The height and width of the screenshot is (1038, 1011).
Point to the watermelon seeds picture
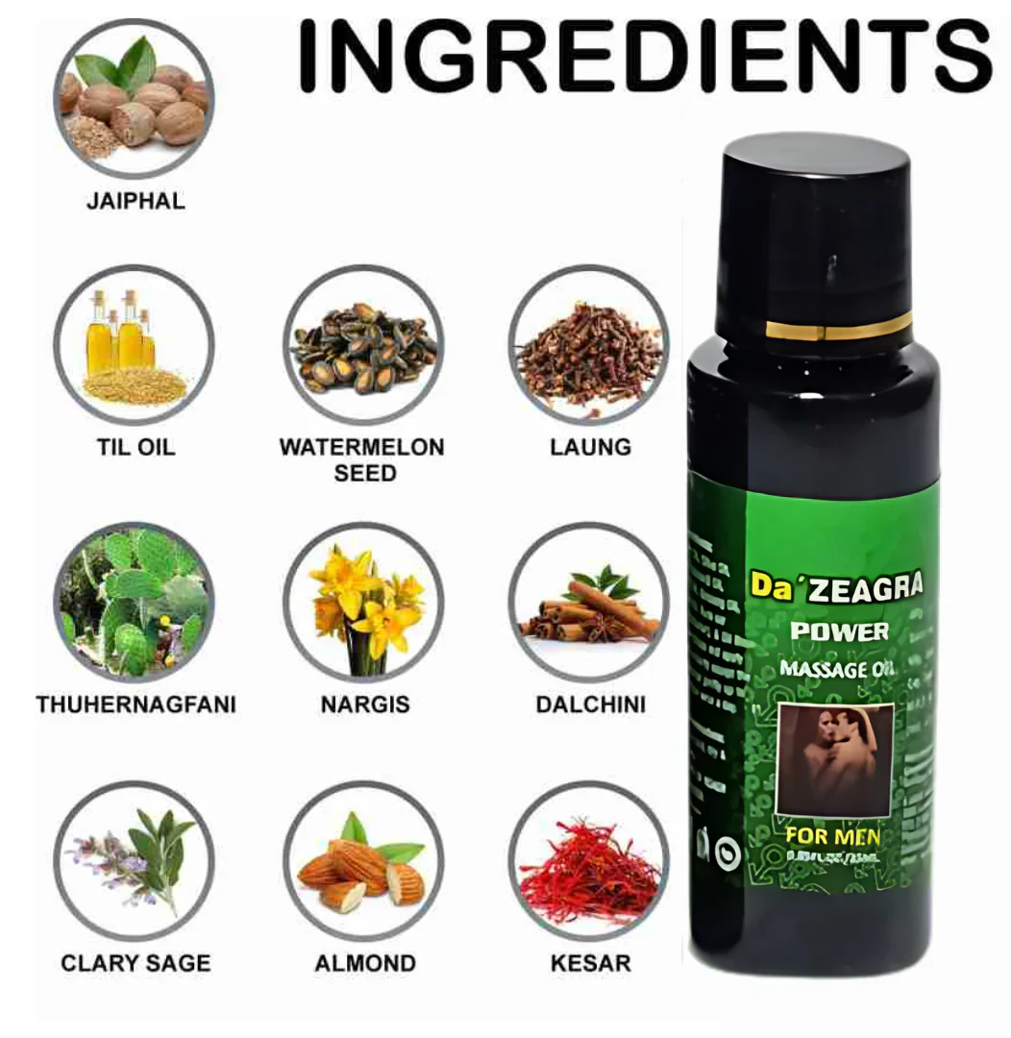pos(363,345)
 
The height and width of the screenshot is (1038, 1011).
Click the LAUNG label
pos(590,447)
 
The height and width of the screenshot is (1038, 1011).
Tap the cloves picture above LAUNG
pos(588,345)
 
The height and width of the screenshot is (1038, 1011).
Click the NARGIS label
pos(364,704)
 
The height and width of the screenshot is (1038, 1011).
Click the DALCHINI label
pos(590,704)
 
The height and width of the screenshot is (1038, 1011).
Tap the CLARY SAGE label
pos(136,962)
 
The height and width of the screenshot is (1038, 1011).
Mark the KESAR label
pos(590,962)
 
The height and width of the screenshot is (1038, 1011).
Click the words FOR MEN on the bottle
pos(832,835)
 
